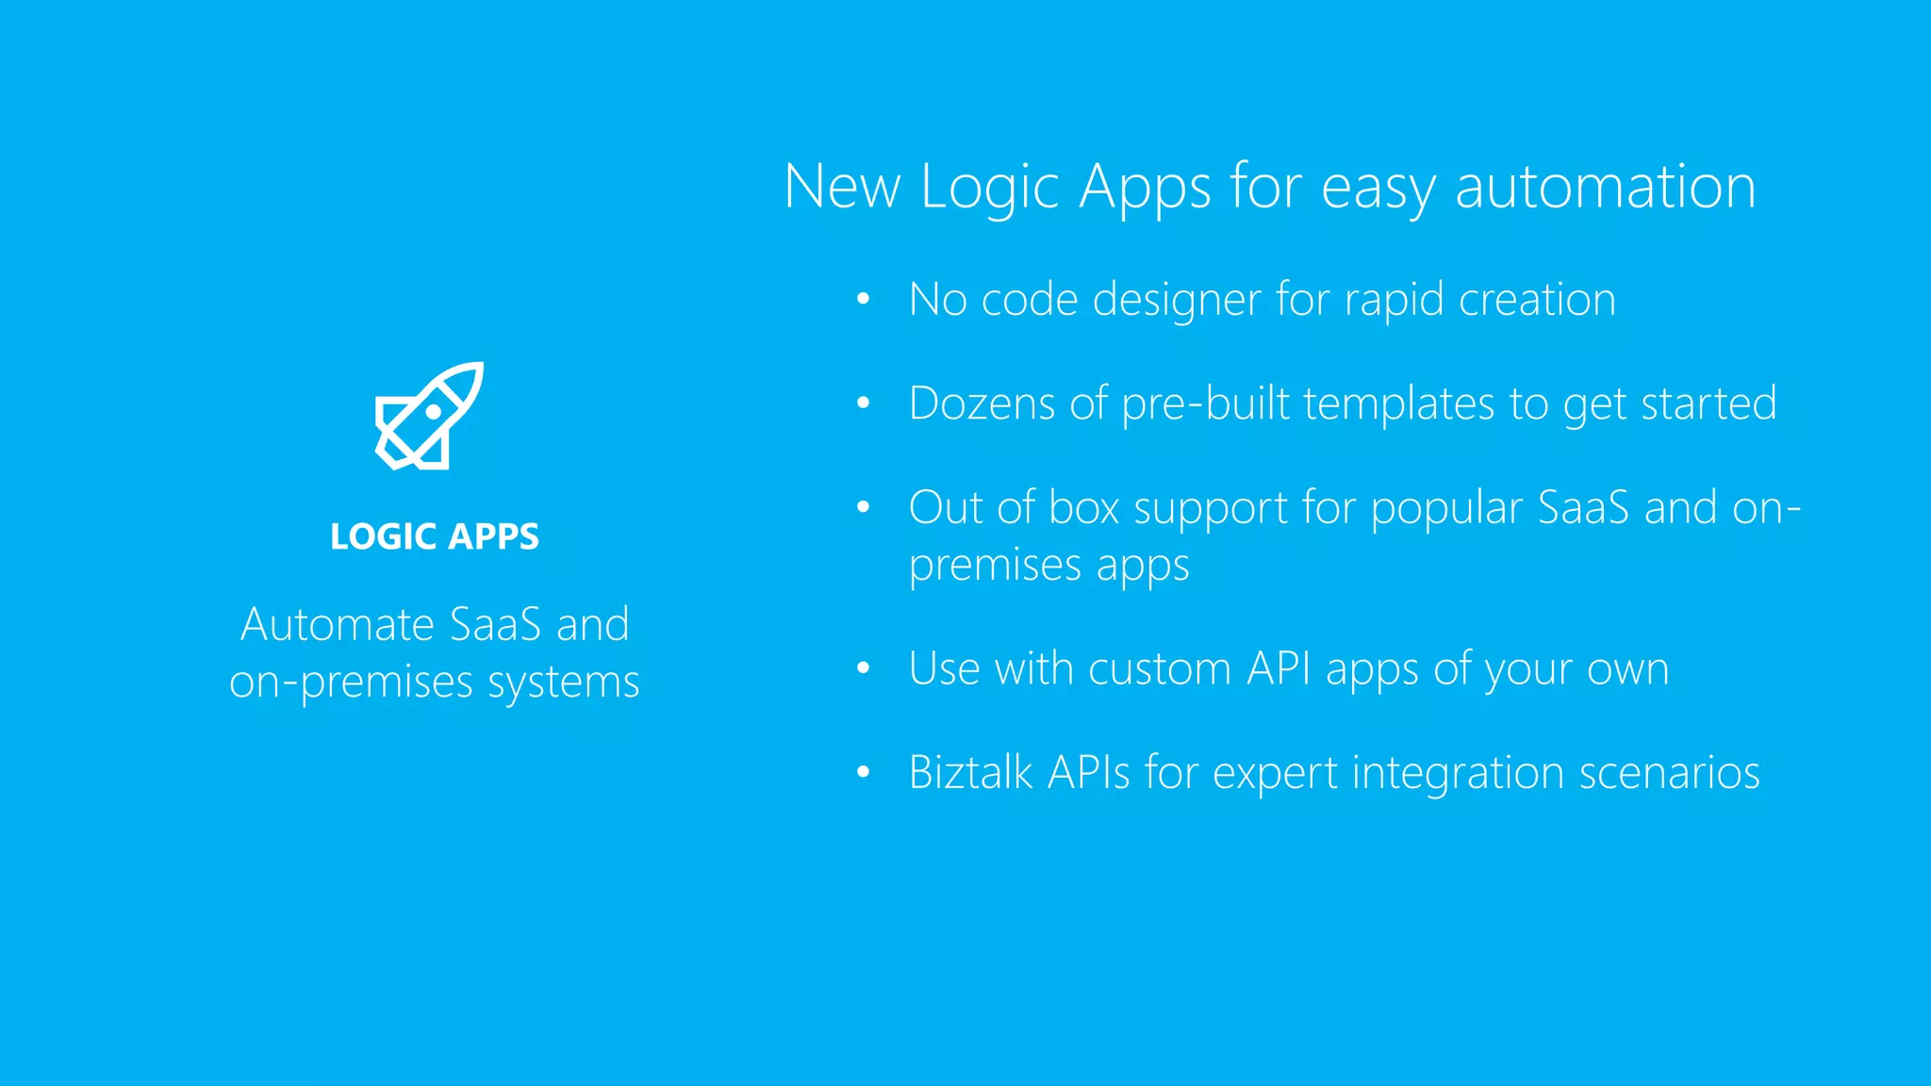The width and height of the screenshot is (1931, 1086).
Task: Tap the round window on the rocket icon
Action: click(x=434, y=412)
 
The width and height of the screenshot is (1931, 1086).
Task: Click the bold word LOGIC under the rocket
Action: click(x=383, y=536)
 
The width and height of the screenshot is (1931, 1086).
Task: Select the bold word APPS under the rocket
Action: click(x=493, y=536)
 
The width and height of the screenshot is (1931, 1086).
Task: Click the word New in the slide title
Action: click(x=842, y=187)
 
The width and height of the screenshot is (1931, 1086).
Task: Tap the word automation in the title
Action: click(x=1605, y=187)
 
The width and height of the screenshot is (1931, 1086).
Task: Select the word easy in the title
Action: click(x=1377, y=189)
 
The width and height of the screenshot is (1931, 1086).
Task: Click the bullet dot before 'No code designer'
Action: click(x=863, y=300)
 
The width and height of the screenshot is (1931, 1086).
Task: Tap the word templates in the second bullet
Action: click(x=1398, y=403)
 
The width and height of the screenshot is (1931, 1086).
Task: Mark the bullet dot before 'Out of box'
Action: click(x=863, y=507)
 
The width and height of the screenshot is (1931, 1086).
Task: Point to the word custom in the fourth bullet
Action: click(x=1160, y=668)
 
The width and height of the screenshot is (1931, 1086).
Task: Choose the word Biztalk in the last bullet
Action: click(x=970, y=772)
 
